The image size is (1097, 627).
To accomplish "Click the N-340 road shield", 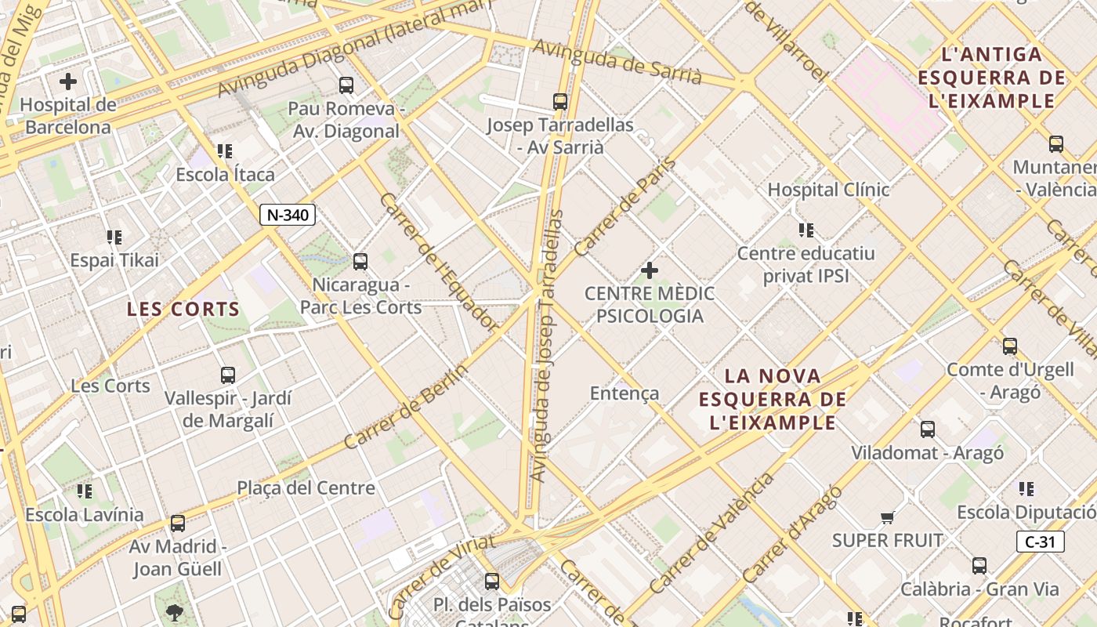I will (x=288, y=215).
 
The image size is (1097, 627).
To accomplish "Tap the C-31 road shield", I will (x=1041, y=542).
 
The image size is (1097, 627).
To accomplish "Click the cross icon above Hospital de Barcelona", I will (x=68, y=81).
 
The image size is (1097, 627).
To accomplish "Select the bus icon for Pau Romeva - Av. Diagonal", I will (x=346, y=85).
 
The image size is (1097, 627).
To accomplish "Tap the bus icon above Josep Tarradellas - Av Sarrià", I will (x=559, y=101).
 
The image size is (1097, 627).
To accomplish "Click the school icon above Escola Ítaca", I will (x=225, y=150).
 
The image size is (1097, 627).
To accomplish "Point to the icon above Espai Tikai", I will (x=114, y=237).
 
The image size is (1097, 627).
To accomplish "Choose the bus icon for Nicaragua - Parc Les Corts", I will (x=360, y=261).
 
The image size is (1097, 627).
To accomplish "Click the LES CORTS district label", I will (x=183, y=310).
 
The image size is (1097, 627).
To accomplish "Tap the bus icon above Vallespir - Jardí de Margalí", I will (x=227, y=375).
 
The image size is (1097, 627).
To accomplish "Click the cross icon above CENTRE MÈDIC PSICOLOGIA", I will (x=650, y=270).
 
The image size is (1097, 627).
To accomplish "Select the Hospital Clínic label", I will (x=828, y=190).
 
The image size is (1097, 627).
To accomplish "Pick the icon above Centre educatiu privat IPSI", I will (x=806, y=230).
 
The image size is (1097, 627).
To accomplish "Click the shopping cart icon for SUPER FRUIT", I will (x=887, y=517).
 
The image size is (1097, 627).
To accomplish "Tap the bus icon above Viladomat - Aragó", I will (x=928, y=429).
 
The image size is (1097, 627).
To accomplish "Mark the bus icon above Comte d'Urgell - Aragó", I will (x=1010, y=346).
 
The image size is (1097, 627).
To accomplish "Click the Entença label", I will (x=625, y=393).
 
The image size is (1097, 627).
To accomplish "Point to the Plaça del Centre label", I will (x=306, y=488).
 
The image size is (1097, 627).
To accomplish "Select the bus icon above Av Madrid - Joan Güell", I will (x=178, y=523).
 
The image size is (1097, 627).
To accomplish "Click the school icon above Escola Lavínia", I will (x=85, y=491).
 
